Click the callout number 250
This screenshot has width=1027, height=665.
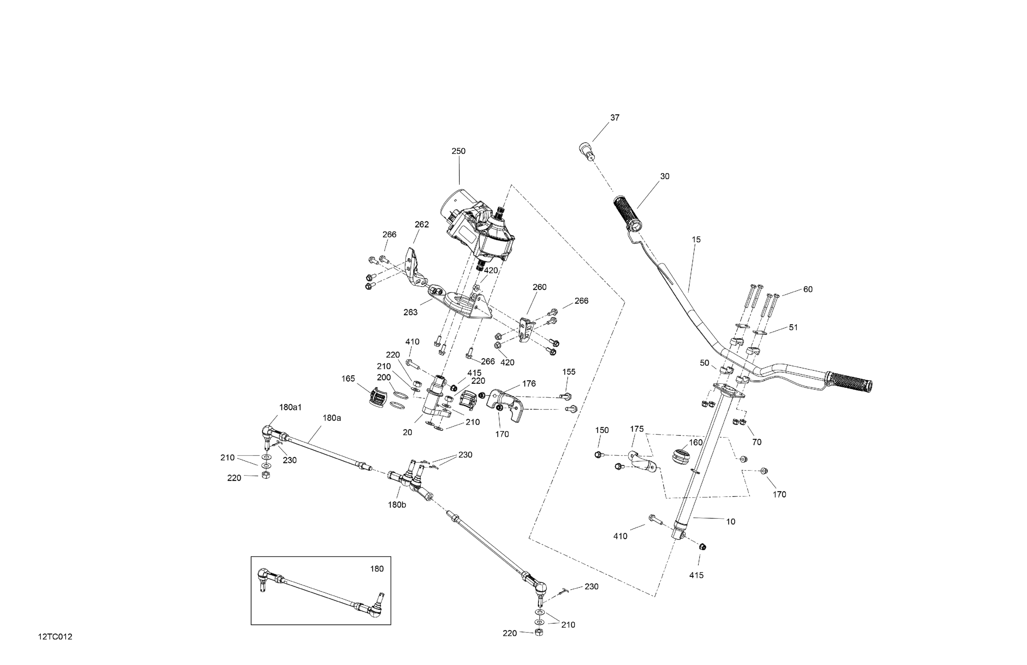tap(458, 151)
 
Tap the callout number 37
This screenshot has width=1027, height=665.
tap(614, 118)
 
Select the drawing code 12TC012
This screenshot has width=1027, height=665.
tap(55, 637)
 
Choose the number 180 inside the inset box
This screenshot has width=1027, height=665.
tap(377, 569)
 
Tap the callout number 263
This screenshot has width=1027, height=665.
tap(410, 312)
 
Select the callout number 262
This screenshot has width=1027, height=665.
tap(422, 224)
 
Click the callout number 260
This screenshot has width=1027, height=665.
tap(540, 287)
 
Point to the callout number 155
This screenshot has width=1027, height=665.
tap(569, 372)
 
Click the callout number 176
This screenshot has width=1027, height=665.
tap(529, 383)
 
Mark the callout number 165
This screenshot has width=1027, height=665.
tap(348, 379)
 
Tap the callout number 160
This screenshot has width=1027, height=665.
tap(696, 443)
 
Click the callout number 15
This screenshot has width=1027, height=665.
tap(696, 240)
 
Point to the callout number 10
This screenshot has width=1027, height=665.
tap(731, 522)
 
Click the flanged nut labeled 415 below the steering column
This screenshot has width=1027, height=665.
tap(702, 547)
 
